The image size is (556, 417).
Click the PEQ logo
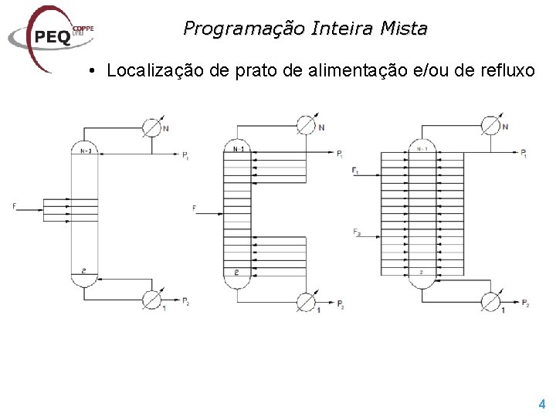pyautogui.click(x=50, y=36)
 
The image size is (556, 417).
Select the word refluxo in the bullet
pyautogui.click(x=505, y=71)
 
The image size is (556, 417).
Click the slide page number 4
pyautogui.click(x=541, y=403)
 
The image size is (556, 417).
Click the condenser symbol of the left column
pyautogui.click(x=153, y=126)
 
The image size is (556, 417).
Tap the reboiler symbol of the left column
pyautogui.click(x=152, y=299)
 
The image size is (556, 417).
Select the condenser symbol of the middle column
pyautogui.click(x=307, y=124)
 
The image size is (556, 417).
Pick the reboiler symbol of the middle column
pyautogui.click(x=307, y=300)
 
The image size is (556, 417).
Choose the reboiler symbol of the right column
pyautogui.click(x=490, y=300)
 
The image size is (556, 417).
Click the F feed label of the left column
pyautogui.click(x=15, y=205)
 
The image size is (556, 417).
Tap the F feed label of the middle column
pyautogui.click(x=194, y=208)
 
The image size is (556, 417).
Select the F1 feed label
pyautogui.click(x=354, y=171)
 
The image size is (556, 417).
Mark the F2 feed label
pyautogui.click(x=355, y=232)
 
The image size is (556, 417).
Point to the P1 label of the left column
pyautogui.click(x=185, y=158)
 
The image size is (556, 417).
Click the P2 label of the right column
pyautogui.click(x=525, y=303)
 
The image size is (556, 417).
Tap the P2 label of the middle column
pyautogui.click(x=341, y=307)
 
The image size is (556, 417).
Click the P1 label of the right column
pyautogui.click(x=524, y=154)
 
